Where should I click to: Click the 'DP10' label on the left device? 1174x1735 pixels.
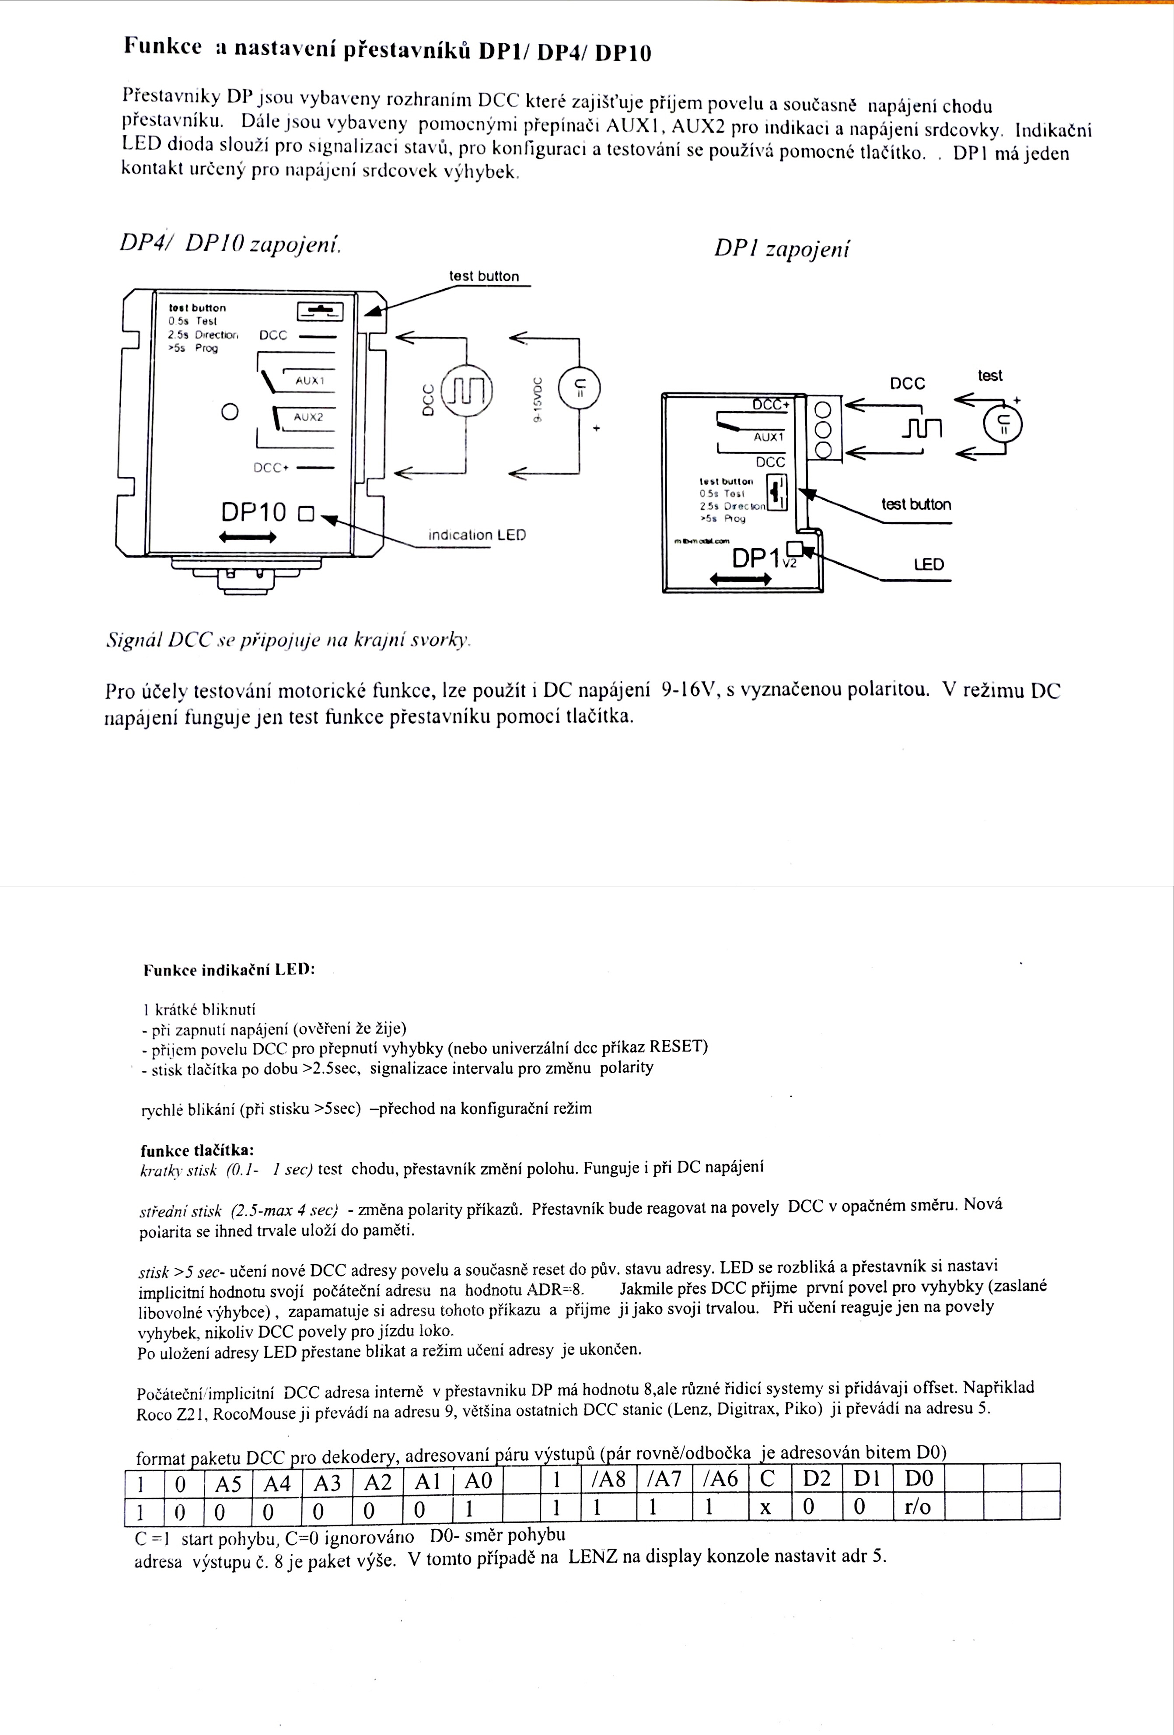pyautogui.click(x=253, y=512)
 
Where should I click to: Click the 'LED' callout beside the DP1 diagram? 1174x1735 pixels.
pyautogui.click(x=929, y=564)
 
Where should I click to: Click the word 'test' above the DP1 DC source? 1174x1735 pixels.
pyautogui.click(x=990, y=375)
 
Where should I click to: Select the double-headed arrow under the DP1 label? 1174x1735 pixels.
pyautogui.click(x=741, y=578)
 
